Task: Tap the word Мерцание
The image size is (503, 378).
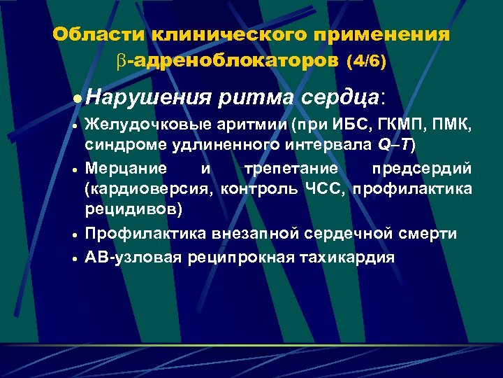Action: [125, 169]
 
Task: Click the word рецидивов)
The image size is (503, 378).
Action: [132, 208]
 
